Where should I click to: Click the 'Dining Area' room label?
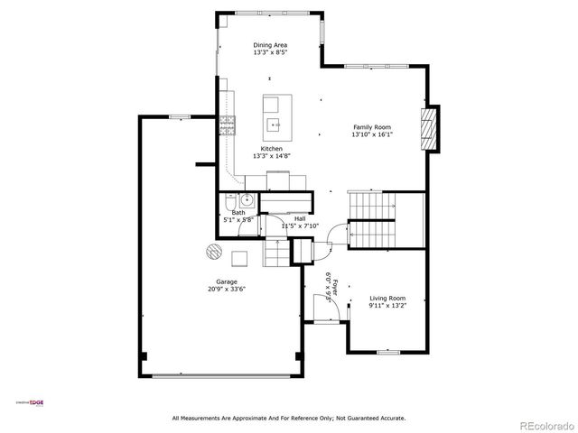pyautogui.click(x=271, y=43)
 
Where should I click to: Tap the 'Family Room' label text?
pyautogui.click(x=372, y=127)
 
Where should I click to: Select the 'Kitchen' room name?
pyautogui.click(x=271, y=149)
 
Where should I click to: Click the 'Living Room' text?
pyautogui.click(x=387, y=299)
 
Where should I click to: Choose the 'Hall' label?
pyautogui.click(x=299, y=219)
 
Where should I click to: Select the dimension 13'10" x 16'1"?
pyautogui.click(x=372, y=135)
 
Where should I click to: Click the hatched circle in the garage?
pyautogui.click(x=213, y=251)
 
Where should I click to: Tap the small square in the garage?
pyautogui.click(x=240, y=258)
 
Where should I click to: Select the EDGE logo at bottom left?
pyautogui.click(x=32, y=404)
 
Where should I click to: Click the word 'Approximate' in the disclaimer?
pyautogui.click(x=246, y=418)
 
